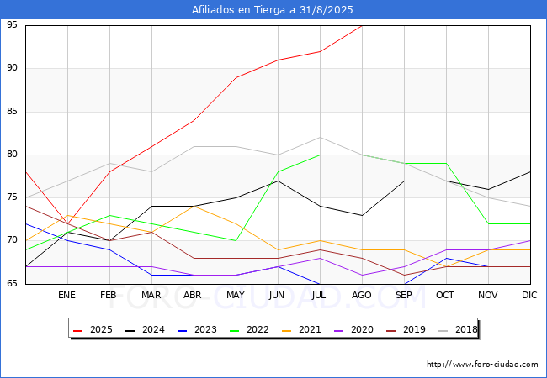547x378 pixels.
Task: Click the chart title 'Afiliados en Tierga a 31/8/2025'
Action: (x=273, y=10)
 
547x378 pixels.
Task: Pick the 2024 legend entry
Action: (x=146, y=329)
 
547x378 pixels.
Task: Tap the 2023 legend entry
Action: (x=198, y=329)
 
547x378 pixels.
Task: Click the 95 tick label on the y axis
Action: (x=13, y=25)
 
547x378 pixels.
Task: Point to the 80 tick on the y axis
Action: (x=13, y=155)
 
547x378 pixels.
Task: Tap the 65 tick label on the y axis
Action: (x=13, y=284)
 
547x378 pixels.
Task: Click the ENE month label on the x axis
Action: (x=67, y=296)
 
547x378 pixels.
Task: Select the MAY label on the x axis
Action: (x=236, y=296)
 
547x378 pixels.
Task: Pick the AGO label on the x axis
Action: (x=362, y=296)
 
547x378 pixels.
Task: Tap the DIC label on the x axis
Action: (x=530, y=296)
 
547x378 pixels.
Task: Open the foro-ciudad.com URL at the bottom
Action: (x=482, y=365)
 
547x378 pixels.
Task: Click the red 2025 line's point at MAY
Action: (x=236, y=77)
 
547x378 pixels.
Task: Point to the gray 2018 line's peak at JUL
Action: (x=320, y=137)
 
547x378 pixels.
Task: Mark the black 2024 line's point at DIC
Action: (x=530, y=171)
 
